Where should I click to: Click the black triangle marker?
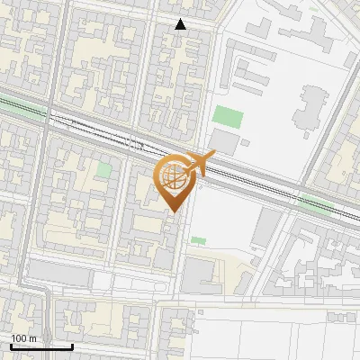coord(181,24)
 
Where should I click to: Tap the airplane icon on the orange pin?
coord(199,164)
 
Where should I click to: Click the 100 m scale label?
coord(23,338)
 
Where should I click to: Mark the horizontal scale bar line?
coord(41,346)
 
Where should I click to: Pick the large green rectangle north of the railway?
coord(228,117)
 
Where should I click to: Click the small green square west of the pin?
coord(104,169)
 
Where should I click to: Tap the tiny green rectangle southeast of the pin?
coord(198,240)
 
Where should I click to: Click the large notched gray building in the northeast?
coord(311,108)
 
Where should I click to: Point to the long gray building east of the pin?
coord(265,229)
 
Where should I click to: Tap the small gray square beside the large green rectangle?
coord(246,141)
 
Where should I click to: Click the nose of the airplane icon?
coord(214,157)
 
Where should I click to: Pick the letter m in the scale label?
coord(34,338)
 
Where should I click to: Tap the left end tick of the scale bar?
coord(11,346)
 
